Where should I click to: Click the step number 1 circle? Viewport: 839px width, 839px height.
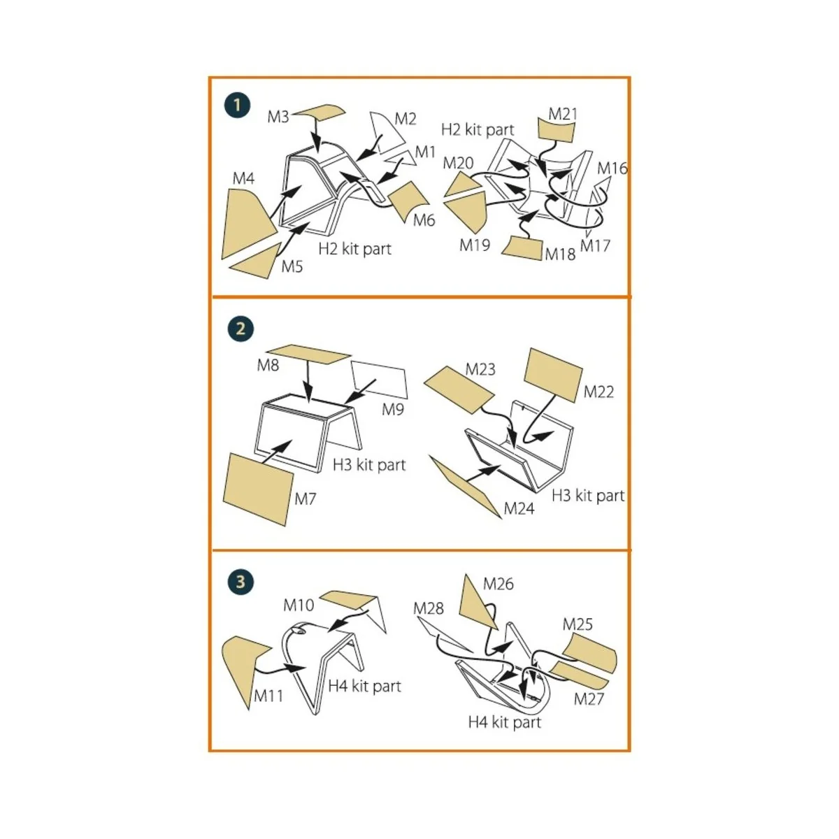coord(238,106)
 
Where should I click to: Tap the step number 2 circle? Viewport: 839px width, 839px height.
coord(241,329)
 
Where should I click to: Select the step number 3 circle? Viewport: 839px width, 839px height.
coord(241,582)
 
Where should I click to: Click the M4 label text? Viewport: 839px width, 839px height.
coord(243,179)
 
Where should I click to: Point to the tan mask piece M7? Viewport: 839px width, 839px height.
coord(257,488)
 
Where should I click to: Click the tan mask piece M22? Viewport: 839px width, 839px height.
coord(552,375)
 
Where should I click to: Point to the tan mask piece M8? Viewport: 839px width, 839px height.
coord(308,354)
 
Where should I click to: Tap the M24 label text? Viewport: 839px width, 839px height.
coord(519,509)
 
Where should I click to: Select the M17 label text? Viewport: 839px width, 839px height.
coord(596,246)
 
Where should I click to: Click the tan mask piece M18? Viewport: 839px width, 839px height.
coord(524,248)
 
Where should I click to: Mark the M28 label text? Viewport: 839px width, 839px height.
coord(428,608)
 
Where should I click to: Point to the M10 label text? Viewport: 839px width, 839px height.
coord(299,605)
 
